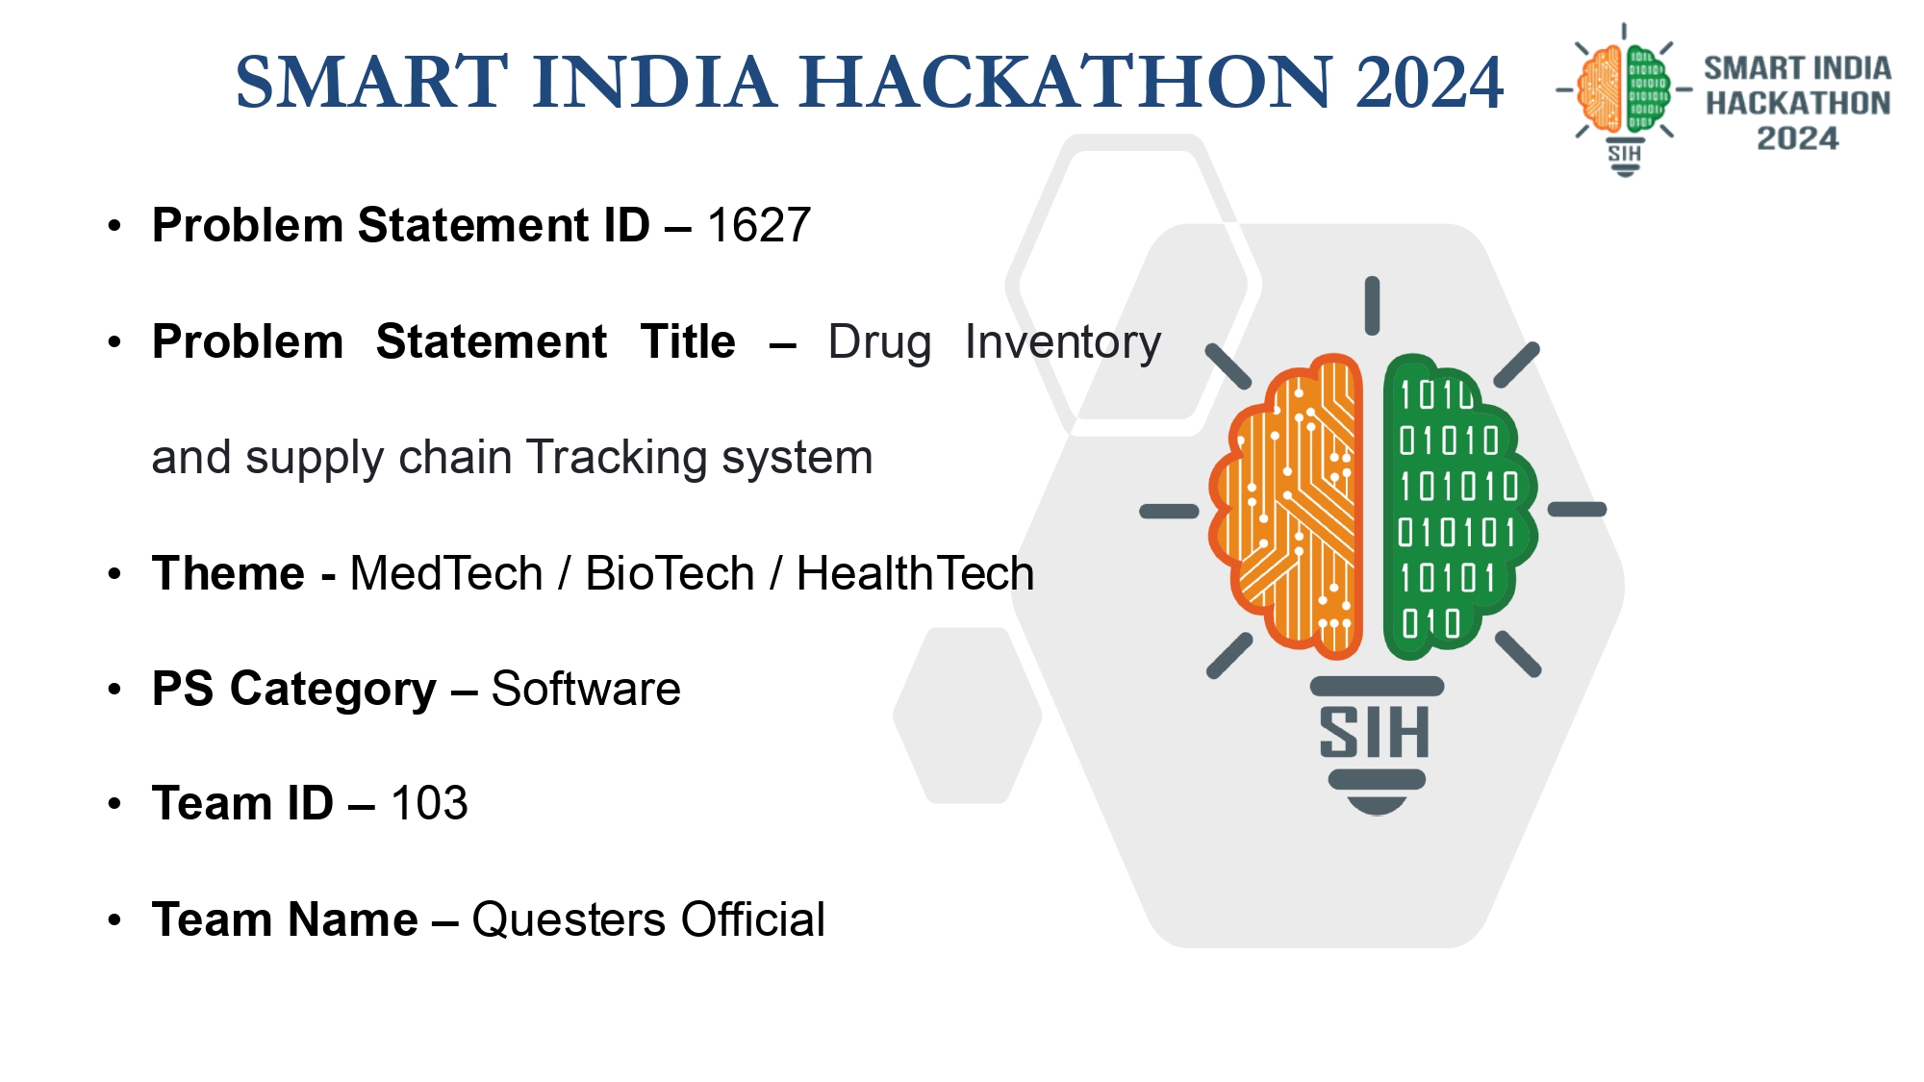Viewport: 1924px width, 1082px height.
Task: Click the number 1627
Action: point(759,225)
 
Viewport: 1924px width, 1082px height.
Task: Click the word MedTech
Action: point(446,573)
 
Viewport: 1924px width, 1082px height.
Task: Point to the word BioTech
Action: point(670,573)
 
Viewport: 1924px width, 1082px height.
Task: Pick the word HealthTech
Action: point(915,573)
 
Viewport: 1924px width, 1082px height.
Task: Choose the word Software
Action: point(586,689)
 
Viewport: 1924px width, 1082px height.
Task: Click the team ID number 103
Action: point(429,803)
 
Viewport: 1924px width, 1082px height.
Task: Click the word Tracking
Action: point(616,459)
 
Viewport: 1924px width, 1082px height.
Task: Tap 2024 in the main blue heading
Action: point(1430,82)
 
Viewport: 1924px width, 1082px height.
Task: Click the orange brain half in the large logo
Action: point(1286,506)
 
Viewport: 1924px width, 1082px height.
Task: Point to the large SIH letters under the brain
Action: point(1375,733)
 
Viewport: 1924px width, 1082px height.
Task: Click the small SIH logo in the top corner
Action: point(1625,99)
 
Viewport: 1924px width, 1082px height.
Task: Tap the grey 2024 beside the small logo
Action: point(1797,138)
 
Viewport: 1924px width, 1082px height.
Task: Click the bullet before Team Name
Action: point(115,919)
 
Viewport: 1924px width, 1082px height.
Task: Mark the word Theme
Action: point(228,573)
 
